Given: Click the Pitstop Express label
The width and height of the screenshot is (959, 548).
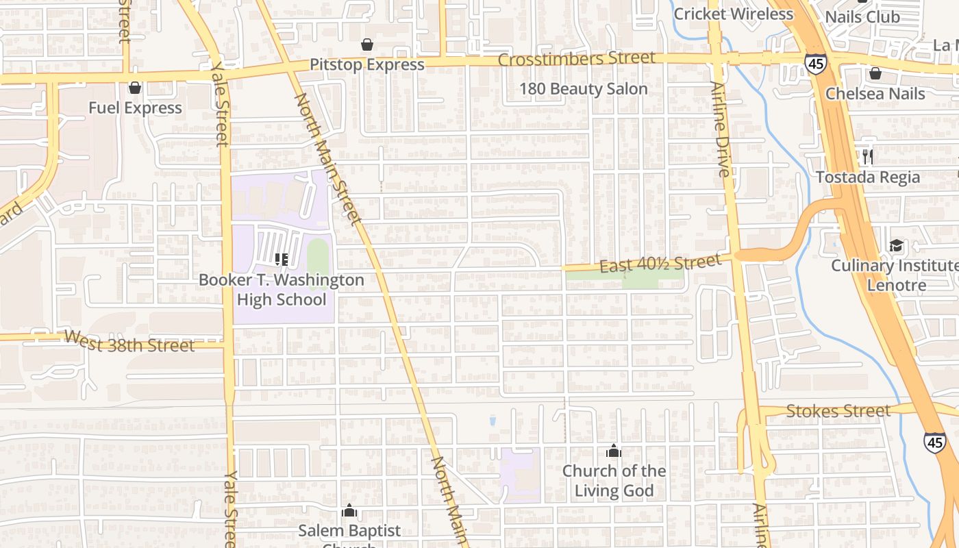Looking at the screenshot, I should click(x=367, y=64).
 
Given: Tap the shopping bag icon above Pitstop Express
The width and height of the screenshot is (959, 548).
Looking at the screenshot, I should click(x=367, y=45).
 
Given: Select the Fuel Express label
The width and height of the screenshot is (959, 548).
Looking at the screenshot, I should click(x=135, y=108).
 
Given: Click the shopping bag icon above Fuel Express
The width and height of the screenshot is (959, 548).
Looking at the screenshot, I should click(x=135, y=88).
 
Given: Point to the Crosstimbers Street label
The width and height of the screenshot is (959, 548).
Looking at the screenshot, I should click(x=576, y=59).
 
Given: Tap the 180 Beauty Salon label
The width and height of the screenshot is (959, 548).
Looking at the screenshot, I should click(x=583, y=89).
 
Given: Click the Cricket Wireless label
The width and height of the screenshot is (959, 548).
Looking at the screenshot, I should click(x=733, y=14).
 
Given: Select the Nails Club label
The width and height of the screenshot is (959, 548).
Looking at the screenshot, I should click(x=862, y=16).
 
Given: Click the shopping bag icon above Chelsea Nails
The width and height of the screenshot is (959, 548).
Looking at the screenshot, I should click(x=875, y=73).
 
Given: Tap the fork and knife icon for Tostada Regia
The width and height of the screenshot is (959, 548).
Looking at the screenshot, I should click(x=868, y=157).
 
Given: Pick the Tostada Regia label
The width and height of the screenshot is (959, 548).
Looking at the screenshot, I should click(x=868, y=177).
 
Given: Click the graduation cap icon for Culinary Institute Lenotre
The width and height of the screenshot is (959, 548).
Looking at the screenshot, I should click(x=896, y=245).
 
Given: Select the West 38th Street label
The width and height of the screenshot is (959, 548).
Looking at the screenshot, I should click(x=129, y=341).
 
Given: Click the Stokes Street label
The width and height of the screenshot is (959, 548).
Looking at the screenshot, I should click(x=838, y=411).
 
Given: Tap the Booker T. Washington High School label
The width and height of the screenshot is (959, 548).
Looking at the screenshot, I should click(x=282, y=290).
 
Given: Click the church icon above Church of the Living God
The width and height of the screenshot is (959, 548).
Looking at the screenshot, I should click(x=614, y=451).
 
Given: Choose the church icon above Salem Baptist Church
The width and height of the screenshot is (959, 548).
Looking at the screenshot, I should click(x=349, y=510).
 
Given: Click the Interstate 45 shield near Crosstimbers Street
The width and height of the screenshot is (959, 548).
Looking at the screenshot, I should click(x=815, y=63).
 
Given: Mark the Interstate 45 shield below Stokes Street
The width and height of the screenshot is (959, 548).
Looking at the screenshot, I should click(x=934, y=442).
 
